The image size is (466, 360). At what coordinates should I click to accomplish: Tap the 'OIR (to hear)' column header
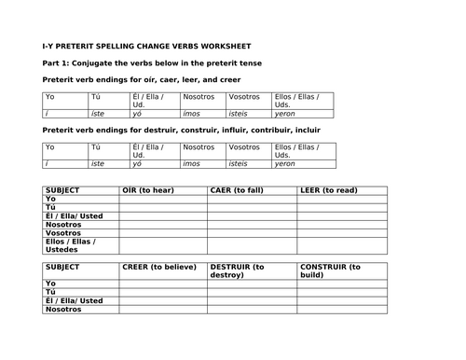[149, 191]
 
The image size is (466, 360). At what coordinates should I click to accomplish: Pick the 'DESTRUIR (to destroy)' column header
[241, 270]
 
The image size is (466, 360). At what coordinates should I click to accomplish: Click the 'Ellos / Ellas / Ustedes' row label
[75, 245]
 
